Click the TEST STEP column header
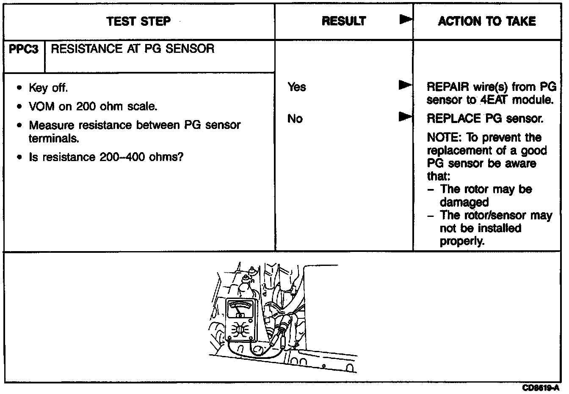(x=138, y=21)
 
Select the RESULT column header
(x=343, y=21)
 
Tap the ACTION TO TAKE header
(x=487, y=21)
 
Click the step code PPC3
(x=24, y=49)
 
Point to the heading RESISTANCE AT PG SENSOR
(x=133, y=49)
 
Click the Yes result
(x=296, y=87)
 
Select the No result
(x=295, y=119)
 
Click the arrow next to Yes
(x=405, y=85)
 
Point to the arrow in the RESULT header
(x=406, y=19)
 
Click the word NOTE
(x=439, y=138)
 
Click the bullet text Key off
(x=48, y=88)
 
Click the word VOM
(x=41, y=107)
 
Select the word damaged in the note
(x=464, y=202)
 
